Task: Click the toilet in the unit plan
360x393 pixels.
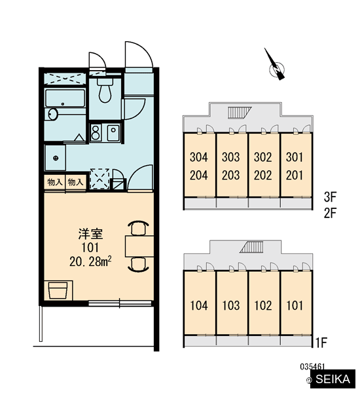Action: [105, 90]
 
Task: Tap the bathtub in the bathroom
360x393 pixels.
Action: [65, 98]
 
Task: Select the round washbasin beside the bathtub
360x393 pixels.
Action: [52, 115]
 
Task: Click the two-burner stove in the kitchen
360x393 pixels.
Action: [96, 132]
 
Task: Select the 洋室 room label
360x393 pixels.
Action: [90, 234]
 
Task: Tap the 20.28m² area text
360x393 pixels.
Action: [90, 261]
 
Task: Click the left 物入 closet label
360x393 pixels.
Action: [55, 182]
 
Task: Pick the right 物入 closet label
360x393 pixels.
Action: [75, 182]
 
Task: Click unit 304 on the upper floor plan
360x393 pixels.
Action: [199, 157]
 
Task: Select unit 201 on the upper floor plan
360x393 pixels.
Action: [295, 175]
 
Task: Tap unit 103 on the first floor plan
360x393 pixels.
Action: [231, 305]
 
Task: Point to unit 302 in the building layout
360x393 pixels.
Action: [262, 157]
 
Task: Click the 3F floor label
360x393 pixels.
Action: [330, 197]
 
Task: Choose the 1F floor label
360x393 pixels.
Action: [321, 343]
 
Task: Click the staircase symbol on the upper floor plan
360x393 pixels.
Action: [240, 112]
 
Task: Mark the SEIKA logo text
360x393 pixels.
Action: [333, 379]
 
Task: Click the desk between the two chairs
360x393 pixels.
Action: [139, 246]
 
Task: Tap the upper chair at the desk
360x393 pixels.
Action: [138, 228]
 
